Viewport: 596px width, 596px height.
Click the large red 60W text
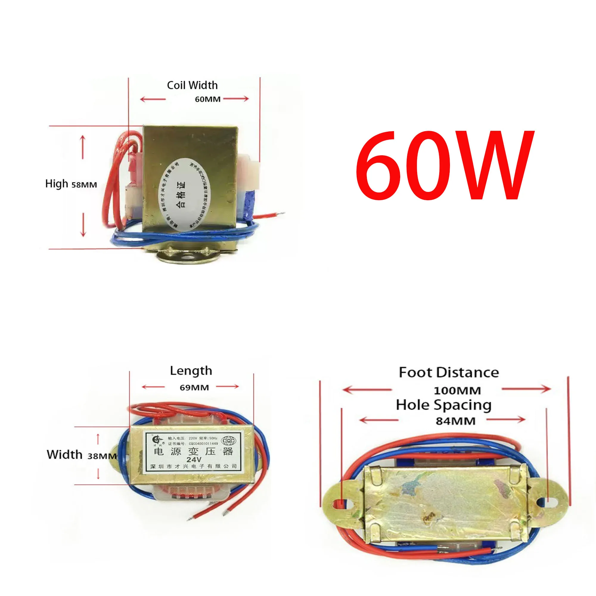444,166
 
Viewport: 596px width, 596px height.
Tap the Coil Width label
192,86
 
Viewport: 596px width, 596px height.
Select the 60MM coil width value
208,99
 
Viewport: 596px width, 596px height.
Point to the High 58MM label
71,184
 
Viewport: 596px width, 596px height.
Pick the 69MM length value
194,387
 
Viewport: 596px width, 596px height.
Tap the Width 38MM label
81,455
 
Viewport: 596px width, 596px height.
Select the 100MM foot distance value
457,391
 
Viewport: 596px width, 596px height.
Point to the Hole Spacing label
444,405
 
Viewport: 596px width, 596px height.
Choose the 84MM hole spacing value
455,421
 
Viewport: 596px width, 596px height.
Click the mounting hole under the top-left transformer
186,257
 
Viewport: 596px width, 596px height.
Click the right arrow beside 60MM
236,99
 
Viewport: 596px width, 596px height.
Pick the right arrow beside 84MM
506,420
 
